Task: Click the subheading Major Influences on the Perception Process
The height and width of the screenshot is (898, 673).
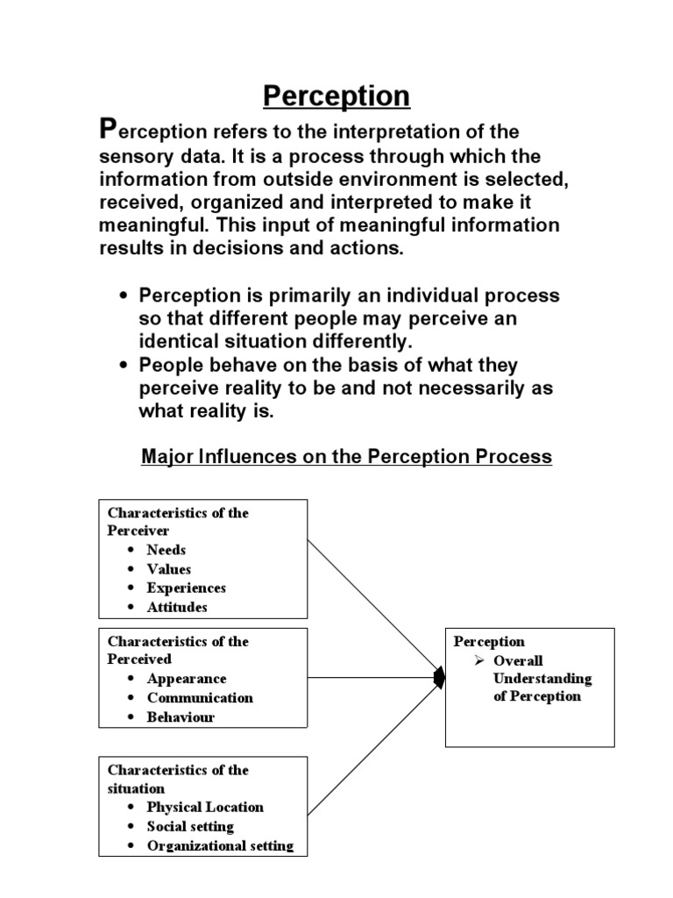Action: point(346,457)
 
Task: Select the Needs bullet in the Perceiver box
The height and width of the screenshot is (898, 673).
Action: point(166,550)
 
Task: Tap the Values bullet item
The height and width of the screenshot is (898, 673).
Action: point(168,569)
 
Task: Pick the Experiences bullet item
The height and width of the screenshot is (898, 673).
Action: point(186,588)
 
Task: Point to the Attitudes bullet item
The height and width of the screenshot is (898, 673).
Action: point(177,607)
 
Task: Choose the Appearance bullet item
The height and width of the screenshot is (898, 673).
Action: point(186,679)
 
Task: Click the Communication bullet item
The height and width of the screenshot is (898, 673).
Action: point(200,698)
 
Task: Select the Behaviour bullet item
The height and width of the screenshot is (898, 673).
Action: point(181,717)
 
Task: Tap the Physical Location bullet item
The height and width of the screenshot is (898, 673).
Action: point(205,807)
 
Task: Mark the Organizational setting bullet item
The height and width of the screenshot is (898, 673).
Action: point(220,846)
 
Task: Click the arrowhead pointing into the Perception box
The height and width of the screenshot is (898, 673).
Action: point(439,678)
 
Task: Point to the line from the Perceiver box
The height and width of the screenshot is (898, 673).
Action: point(372,605)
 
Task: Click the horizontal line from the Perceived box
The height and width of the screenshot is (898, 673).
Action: point(372,678)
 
